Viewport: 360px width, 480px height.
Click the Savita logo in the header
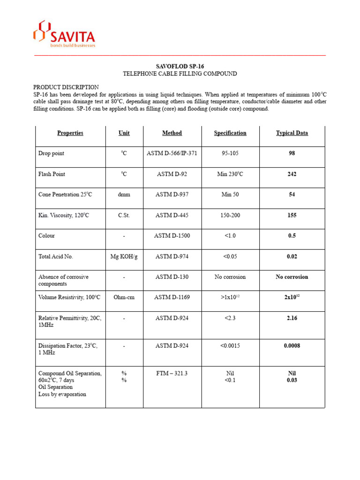tap(64, 34)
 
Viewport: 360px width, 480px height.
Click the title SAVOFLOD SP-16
tap(180, 66)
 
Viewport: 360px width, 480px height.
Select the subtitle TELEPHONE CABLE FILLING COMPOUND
tap(180, 74)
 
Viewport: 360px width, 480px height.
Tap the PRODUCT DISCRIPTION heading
tap(66, 87)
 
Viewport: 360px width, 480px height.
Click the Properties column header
tap(70, 133)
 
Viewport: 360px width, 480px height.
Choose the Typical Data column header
tap(292, 133)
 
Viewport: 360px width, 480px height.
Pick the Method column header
tap(172, 133)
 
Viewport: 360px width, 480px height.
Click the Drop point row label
tap(52, 154)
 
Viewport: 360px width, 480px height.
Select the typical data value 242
tap(292, 174)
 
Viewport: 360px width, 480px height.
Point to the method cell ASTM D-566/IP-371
tap(172, 154)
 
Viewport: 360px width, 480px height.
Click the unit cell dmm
tap(124, 195)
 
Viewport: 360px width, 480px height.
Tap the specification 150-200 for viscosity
tap(230, 215)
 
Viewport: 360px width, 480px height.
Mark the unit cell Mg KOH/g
tap(124, 256)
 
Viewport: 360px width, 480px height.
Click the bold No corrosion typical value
tap(292, 277)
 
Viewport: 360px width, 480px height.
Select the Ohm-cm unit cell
tap(124, 298)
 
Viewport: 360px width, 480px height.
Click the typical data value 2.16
tap(292, 318)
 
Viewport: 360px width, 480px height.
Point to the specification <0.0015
tap(230, 346)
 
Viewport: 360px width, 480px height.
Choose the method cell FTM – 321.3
tap(172, 373)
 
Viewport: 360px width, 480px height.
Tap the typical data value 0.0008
tap(292, 346)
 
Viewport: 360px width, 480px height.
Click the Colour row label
tap(46, 236)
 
